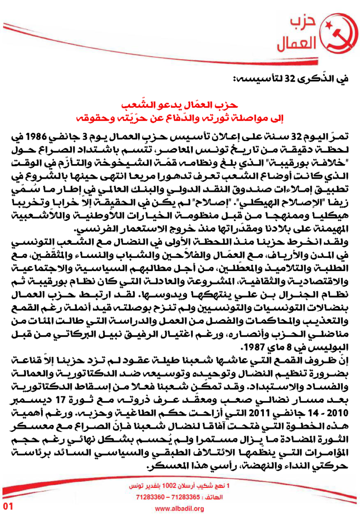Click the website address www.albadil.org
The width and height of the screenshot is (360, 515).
[180, 508]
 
